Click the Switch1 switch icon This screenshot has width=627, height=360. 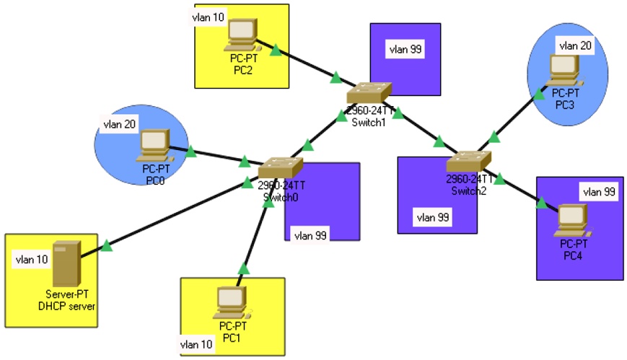(368, 92)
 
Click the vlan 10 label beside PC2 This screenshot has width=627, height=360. (208, 17)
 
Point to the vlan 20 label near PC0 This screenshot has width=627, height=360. (120, 123)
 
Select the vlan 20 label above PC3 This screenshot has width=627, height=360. (575, 45)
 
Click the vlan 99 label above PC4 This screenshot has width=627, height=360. (599, 191)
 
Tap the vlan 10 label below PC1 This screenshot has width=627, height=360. (197, 344)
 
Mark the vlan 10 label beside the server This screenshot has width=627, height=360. (32, 259)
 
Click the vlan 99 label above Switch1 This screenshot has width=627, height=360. (405, 49)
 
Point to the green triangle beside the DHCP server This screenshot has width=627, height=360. (107, 247)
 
